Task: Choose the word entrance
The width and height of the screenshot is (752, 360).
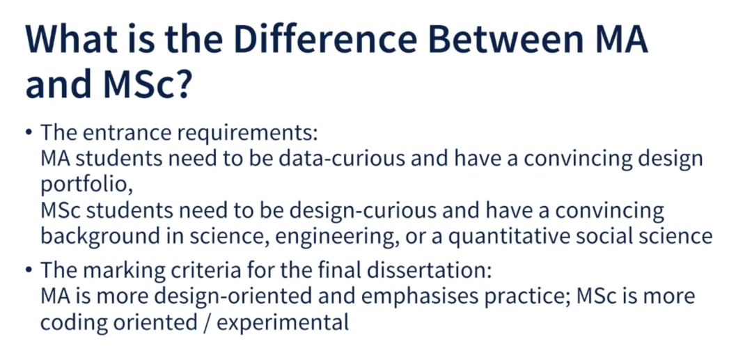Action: pos(118,132)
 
